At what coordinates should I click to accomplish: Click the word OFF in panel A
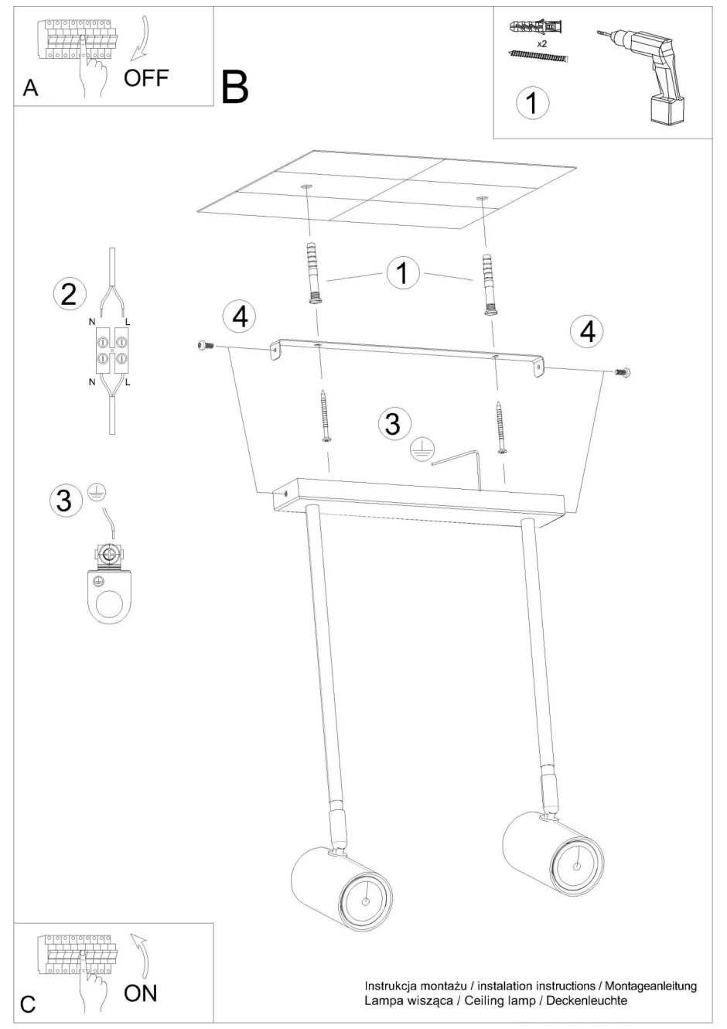point(146,78)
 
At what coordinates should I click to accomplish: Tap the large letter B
point(234,87)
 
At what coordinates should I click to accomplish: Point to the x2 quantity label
point(542,44)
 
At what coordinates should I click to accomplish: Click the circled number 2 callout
point(70,295)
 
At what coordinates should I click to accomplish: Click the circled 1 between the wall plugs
point(403,274)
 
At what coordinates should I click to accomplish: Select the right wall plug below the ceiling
point(488,284)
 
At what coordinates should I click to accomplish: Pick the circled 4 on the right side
point(588,332)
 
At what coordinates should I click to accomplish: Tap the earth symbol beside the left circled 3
point(97,494)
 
